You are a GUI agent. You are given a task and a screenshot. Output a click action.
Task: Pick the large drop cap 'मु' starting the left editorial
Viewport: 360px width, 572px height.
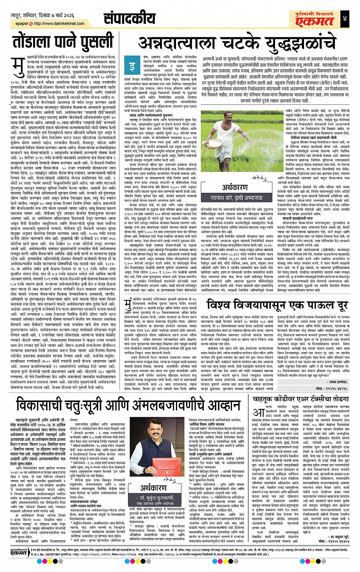(x=18, y=64)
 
